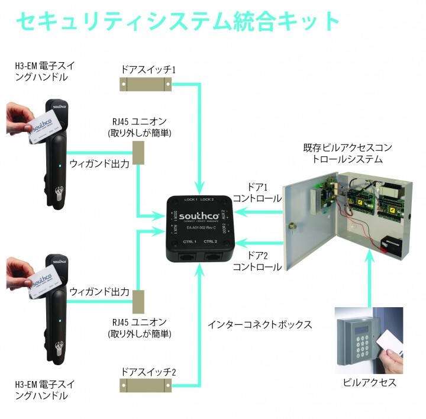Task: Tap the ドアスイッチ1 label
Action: (x=149, y=69)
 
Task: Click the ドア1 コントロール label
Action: (x=256, y=192)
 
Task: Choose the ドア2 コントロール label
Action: (x=256, y=261)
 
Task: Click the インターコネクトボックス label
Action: (x=260, y=324)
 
